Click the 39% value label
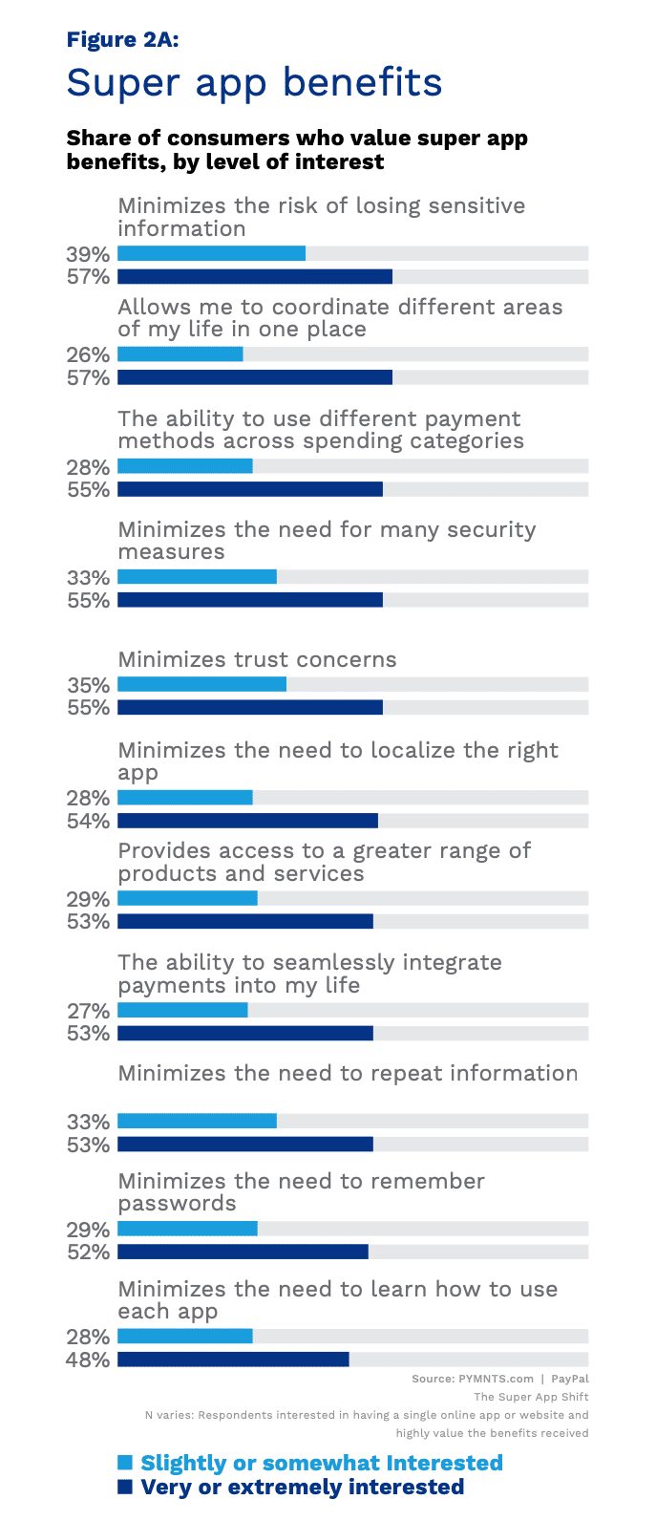88,254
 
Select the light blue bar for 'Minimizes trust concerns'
201,684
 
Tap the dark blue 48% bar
233,1360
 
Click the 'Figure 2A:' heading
123,39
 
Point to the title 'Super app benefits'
254,83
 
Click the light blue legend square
125,1462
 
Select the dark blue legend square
125,1487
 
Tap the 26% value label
88,354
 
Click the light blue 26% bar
180,353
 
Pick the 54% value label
88,821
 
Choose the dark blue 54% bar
247,821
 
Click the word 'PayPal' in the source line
570,1379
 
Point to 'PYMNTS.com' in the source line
496,1379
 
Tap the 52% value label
88,1253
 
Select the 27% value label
88,1011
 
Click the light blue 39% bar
212,253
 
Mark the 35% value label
88,685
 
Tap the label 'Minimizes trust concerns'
257,659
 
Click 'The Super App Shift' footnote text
531,1398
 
